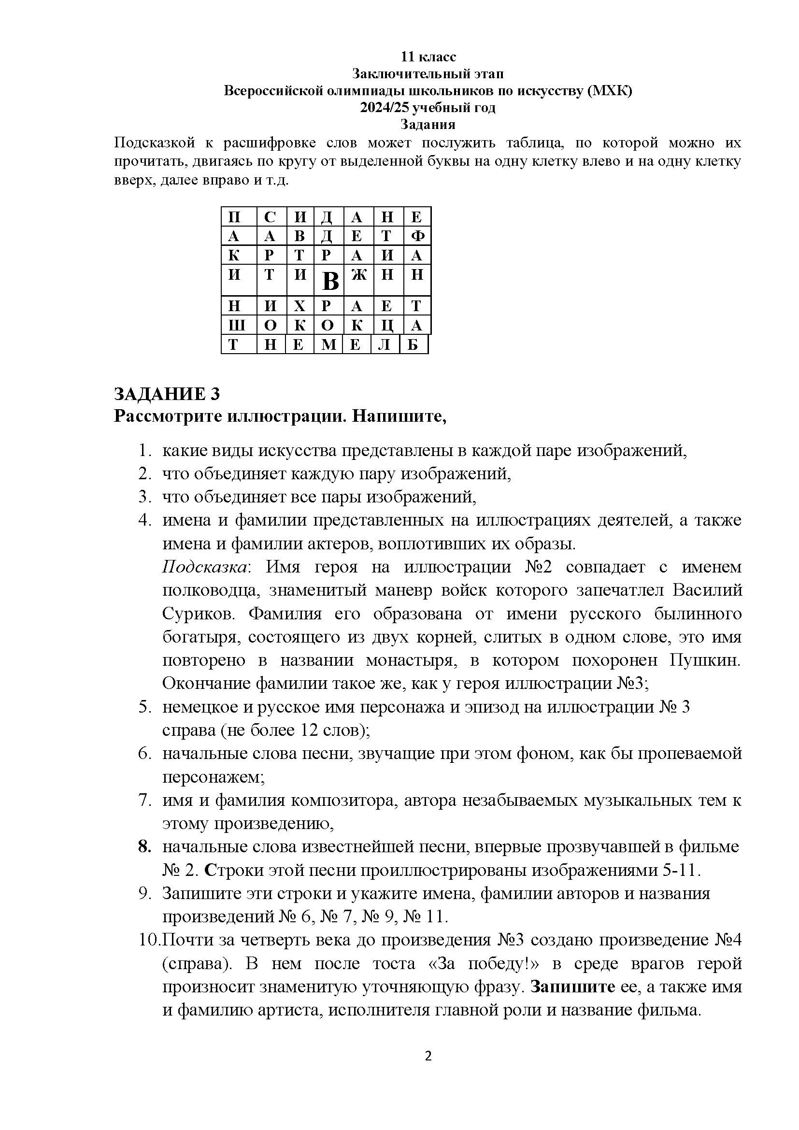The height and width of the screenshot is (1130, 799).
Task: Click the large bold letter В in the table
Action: point(330,282)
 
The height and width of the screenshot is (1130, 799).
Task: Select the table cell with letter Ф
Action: point(417,237)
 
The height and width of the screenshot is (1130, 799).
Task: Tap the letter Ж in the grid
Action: point(358,274)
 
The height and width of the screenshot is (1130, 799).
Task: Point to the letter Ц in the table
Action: point(387,325)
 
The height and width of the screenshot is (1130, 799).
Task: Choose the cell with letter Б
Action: point(414,344)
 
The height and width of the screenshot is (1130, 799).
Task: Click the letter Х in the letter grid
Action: point(300,306)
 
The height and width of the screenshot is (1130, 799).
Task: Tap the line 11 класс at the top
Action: point(428,57)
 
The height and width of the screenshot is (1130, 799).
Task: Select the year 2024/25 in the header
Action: point(385,107)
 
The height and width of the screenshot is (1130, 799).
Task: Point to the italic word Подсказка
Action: point(205,568)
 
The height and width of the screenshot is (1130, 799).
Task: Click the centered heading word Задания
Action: point(428,124)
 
